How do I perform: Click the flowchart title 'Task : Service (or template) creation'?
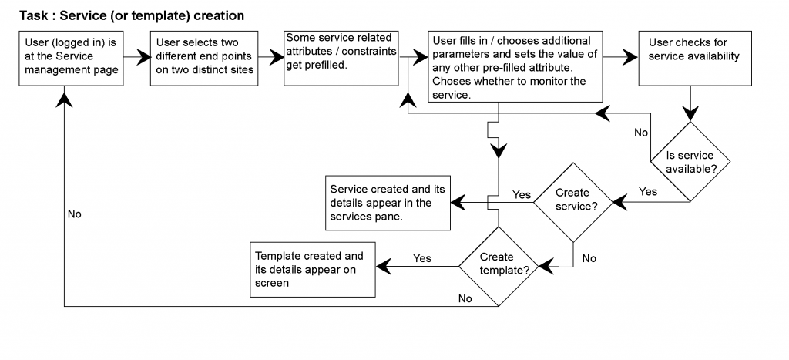[132, 15]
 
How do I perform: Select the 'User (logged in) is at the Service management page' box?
[71, 59]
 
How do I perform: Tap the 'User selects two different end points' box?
[204, 59]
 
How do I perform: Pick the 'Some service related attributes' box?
[341, 59]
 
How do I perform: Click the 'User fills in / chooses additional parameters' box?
[515, 66]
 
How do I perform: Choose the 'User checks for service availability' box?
[695, 59]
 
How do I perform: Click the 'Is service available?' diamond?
[690, 162]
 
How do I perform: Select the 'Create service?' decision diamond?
[573, 203]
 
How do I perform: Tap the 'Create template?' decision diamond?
[499, 267]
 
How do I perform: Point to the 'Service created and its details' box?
[388, 203]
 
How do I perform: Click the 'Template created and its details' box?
[313, 269]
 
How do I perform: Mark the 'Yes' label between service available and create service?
[648, 192]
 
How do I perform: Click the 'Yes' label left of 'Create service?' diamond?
[522, 195]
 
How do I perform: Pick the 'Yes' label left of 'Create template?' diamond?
[422, 258]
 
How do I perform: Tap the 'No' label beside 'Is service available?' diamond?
[641, 133]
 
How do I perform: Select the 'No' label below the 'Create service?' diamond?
[589, 259]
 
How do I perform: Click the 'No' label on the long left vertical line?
[75, 214]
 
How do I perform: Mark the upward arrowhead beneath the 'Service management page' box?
[65, 96]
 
